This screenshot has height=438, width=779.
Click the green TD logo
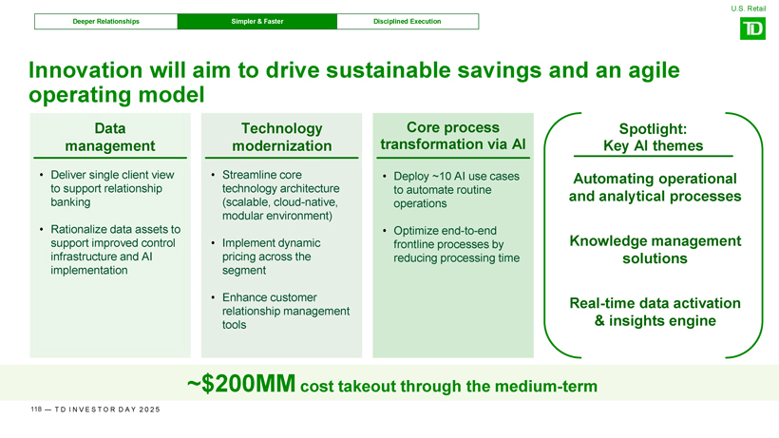pyautogui.click(x=752, y=29)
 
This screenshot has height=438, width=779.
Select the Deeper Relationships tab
pyautogui.click(x=105, y=21)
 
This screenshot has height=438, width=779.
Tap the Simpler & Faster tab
pyautogui.click(x=257, y=21)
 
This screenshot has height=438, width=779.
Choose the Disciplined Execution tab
pyautogui.click(x=408, y=21)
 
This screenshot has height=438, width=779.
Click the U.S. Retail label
pyautogui.click(x=749, y=9)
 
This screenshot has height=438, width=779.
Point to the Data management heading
pyautogui.click(x=110, y=137)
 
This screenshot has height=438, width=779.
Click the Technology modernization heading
pyautogui.click(x=282, y=137)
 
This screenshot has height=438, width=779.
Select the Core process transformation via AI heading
pyautogui.click(x=453, y=136)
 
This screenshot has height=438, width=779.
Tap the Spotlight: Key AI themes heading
pyautogui.click(x=654, y=137)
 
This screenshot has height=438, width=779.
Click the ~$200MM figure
pyautogui.click(x=241, y=384)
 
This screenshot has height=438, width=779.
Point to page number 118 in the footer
pyautogui.click(x=36, y=409)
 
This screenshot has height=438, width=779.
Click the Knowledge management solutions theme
pyautogui.click(x=655, y=249)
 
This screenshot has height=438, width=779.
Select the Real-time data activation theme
pyautogui.click(x=655, y=312)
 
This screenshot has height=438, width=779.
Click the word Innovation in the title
pyautogui.click(x=85, y=70)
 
